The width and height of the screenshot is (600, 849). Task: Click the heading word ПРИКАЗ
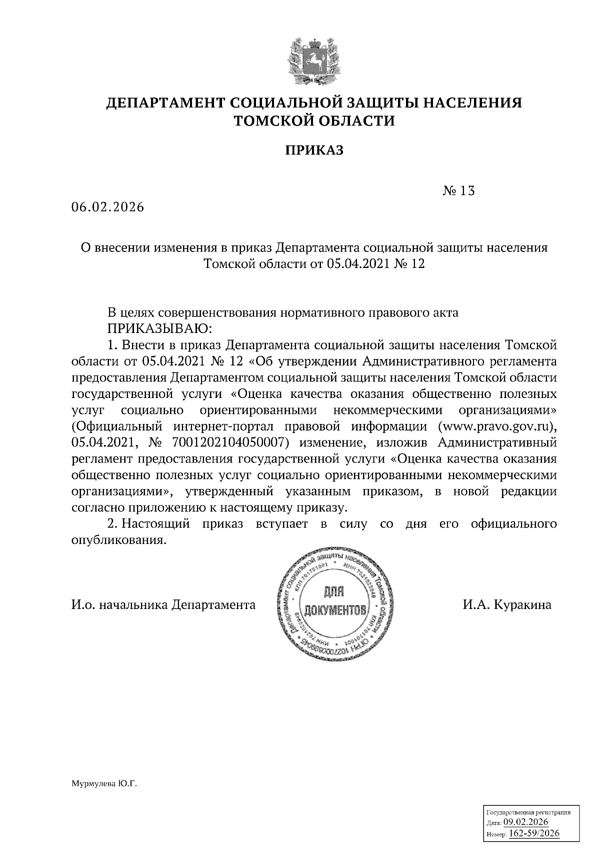pos(314,150)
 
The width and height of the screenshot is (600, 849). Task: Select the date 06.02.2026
pos(107,207)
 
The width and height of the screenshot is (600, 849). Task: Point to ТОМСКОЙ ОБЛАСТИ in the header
pos(314,120)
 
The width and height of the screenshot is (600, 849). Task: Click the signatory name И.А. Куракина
pos(507,605)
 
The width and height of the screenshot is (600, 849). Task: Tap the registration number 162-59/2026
pos(534,833)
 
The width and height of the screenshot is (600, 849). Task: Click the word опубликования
pos(118,540)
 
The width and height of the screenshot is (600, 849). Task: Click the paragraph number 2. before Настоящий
pos(112,524)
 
